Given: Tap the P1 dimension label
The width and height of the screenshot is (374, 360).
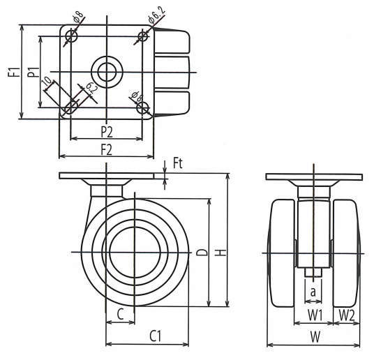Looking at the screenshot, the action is pos(33,72).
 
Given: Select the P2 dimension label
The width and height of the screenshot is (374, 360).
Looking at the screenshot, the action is pos(107,132).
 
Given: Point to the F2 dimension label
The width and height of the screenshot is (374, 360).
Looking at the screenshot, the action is pos(106,150).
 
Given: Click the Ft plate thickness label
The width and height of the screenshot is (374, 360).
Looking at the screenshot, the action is pos(178,164).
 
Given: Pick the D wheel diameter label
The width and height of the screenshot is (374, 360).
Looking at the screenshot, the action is pos(203,252).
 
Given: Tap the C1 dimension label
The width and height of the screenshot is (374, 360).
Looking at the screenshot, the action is pos(156,336).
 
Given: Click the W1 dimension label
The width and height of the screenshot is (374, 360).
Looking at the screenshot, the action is pos(315,315).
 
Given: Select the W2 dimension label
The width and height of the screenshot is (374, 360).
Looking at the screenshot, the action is pos(347,315).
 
